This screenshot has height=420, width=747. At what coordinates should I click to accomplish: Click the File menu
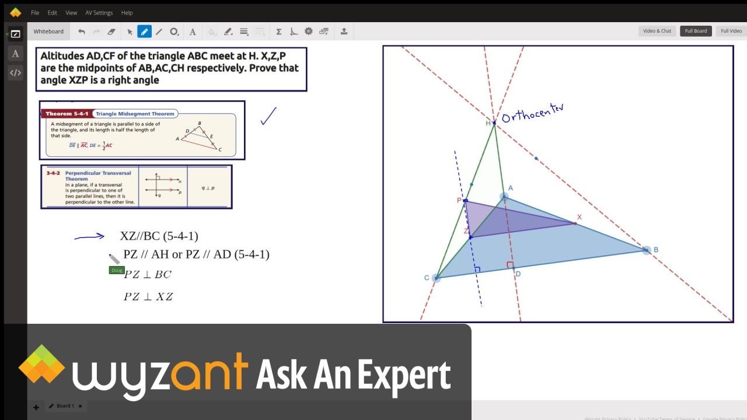(35, 12)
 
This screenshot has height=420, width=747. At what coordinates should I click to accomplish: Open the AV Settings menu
(99, 12)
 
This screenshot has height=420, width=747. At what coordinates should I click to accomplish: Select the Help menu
(127, 12)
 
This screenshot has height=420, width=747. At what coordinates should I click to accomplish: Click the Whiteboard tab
(48, 32)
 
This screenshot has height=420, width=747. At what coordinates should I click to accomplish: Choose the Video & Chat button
(657, 31)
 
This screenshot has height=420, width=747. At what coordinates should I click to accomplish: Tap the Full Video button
(731, 31)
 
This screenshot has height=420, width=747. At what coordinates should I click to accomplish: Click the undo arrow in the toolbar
(81, 32)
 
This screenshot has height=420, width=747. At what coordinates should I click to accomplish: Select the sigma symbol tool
(279, 32)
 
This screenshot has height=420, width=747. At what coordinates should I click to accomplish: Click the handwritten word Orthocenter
(532, 112)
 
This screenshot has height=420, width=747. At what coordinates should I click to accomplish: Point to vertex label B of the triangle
(655, 250)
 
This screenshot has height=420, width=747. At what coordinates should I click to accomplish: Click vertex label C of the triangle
(427, 278)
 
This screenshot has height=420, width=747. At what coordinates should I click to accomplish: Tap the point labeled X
(575, 223)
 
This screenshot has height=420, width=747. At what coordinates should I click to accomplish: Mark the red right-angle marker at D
(509, 265)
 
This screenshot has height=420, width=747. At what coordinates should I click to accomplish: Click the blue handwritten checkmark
(268, 116)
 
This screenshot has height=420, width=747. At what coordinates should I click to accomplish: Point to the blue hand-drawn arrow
(89, 236)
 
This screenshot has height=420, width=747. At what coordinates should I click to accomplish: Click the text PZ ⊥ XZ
(148, 296)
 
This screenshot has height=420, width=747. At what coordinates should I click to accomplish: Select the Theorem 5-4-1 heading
(66, 114)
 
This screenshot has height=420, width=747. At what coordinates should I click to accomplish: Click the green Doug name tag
(116, 270)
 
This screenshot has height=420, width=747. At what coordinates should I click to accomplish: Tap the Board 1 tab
(65, 406)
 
